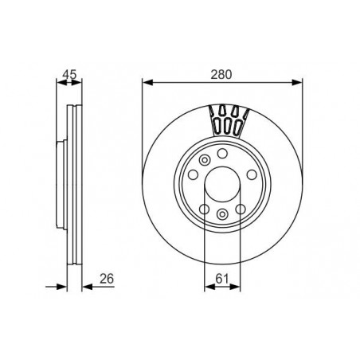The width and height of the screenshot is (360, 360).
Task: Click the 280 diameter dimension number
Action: click(x=221, y=74)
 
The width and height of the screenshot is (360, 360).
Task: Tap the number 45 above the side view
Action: click(x=69, y=74)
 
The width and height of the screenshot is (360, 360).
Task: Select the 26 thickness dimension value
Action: click(x=107, y=279)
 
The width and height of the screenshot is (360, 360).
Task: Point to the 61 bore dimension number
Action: click(x=222, y=279)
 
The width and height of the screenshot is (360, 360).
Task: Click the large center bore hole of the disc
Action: click(x=222, y=184)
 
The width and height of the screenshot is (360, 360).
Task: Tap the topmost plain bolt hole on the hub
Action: click(x=222, y=154)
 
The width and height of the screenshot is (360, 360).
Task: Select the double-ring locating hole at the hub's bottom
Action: click(x=222, y=214)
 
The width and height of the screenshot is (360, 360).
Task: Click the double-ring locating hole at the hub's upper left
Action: click(x=205, y=160)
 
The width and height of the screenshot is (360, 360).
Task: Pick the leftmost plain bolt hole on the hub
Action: click(x=193, y=174)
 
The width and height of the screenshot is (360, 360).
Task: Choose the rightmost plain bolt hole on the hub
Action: click(x=252, y=174)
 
